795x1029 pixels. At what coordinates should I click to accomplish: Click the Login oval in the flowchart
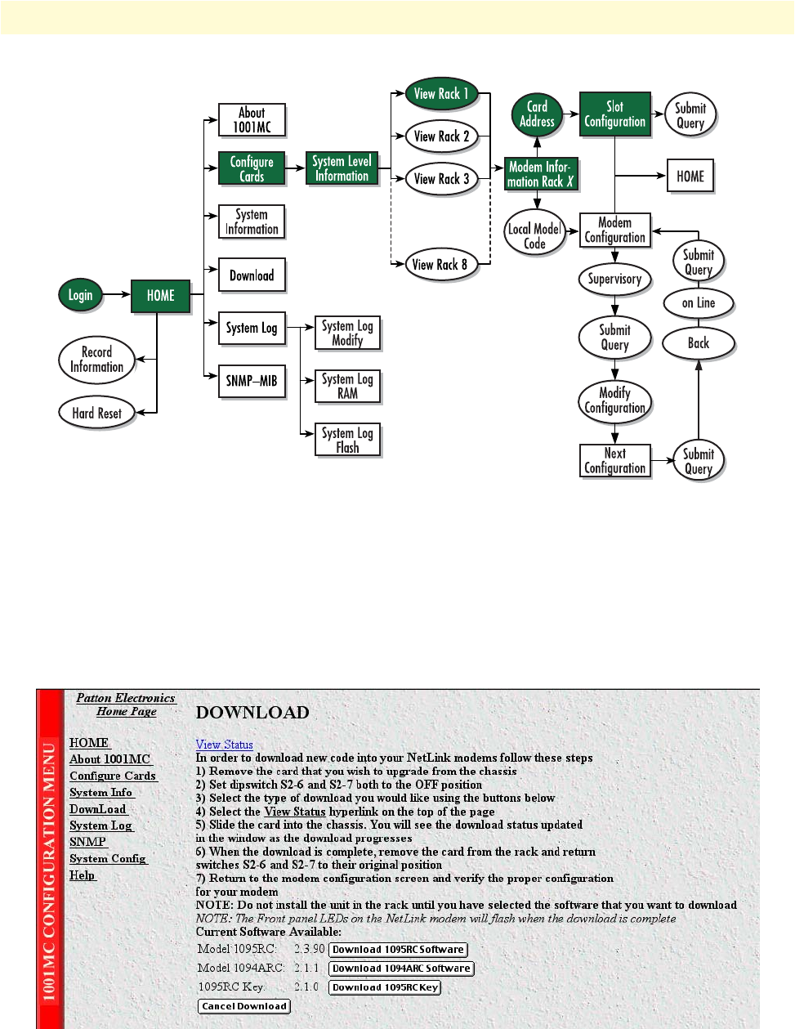80,295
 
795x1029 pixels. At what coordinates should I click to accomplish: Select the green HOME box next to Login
160,296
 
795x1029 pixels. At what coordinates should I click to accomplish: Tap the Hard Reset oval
96,413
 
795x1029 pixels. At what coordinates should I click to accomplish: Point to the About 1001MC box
252,119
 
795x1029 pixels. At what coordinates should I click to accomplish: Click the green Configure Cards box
252,168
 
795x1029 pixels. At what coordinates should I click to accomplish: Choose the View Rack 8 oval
440,264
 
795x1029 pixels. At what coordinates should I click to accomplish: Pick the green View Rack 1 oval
441,94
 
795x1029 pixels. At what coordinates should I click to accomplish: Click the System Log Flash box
347,440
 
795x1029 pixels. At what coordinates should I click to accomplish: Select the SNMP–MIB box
252,381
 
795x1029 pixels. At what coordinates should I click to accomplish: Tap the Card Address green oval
537,114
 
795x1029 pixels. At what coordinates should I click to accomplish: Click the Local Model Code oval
534,235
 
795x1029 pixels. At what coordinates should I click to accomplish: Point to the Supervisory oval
614,279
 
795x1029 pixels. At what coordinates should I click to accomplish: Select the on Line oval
698,303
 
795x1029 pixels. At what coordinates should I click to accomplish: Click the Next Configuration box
614,461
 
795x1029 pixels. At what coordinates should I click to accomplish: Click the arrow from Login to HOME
118,295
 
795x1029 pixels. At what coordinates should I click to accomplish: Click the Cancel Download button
244,1006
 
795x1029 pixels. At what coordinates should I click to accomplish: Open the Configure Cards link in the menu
113,776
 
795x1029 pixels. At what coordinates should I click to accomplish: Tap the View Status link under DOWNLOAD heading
224,745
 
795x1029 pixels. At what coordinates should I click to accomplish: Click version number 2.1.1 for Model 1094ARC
306,968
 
